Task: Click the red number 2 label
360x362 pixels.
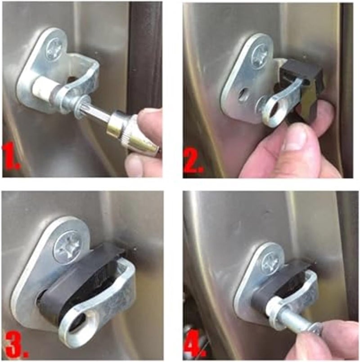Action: click(192, 161)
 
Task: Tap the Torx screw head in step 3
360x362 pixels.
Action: click(68, 247)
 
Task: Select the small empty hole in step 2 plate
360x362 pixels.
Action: click(243, 95)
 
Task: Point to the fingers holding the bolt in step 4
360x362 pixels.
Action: click(331, 340)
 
